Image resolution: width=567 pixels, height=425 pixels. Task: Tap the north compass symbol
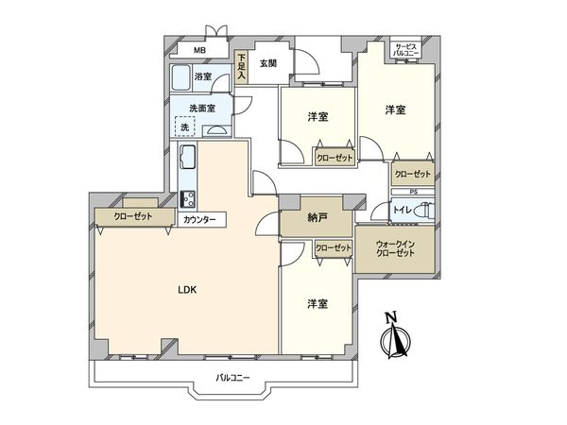point(398,336)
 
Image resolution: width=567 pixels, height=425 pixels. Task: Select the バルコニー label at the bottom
point(232,378)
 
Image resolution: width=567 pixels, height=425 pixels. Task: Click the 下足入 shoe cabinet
point(242,69)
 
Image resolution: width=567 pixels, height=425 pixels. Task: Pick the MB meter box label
point(200,51)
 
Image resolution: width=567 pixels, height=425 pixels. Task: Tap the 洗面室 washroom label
point(200,107)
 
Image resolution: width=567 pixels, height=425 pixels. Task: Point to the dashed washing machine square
point(184,127)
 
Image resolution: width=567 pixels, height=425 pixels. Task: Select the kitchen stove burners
point(187,199)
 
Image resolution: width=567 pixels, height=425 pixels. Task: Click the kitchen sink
point(186,156)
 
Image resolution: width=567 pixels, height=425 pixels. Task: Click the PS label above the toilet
point(413,194)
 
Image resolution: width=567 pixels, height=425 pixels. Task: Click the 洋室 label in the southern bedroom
point(318,304)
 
